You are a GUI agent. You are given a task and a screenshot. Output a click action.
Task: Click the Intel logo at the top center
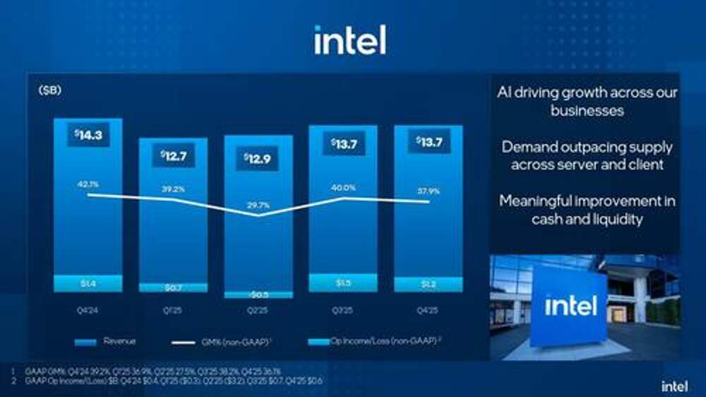[350, 40]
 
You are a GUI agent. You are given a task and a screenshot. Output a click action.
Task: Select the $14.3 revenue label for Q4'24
[88, 134]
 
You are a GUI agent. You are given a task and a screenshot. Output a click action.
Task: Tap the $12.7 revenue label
[173, 155]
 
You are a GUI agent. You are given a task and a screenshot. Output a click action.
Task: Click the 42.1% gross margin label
[88, 184]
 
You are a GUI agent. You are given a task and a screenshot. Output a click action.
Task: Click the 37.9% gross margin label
[428, 190]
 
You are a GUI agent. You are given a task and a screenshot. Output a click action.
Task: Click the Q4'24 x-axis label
[88, 309]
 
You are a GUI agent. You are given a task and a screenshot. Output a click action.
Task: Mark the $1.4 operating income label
[88, 283]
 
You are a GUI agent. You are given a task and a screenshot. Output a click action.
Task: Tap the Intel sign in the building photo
[570, 306]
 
